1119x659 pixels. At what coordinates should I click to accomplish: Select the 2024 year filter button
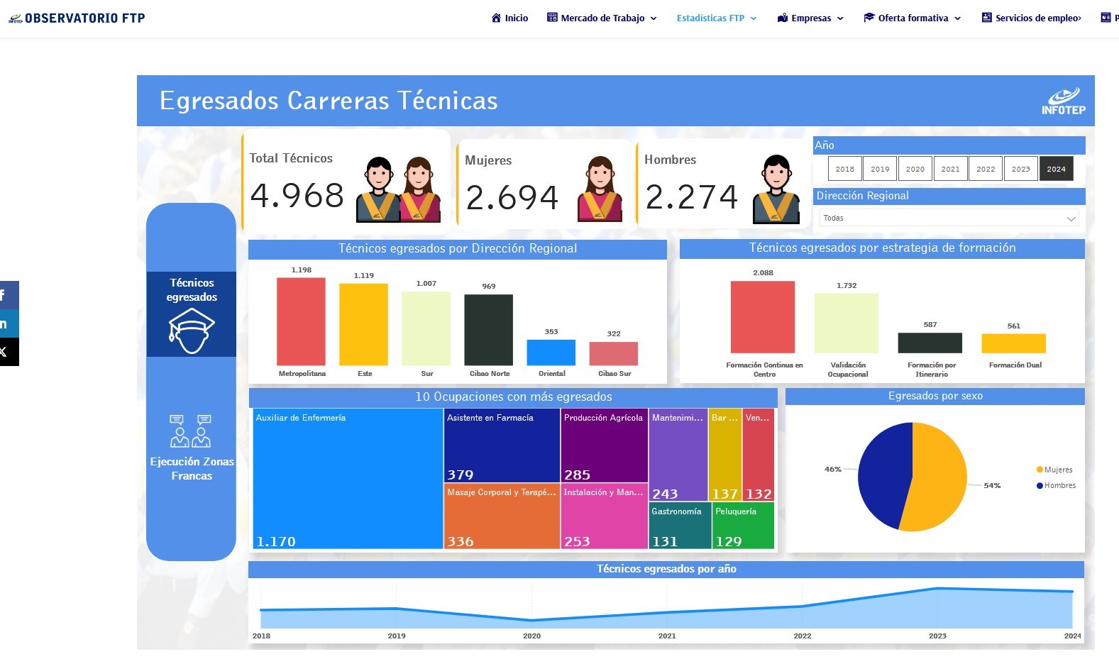(1056, 169)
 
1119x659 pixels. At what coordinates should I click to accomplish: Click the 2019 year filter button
(880, 169)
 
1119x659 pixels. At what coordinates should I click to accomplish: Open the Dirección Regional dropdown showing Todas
(949, 218)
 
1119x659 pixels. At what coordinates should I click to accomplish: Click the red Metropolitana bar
(301, 321)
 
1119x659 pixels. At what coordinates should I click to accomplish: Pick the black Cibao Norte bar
(488, 330)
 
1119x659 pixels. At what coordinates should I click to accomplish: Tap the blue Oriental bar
(551, 353)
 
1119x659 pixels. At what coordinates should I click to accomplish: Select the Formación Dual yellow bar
(1013, 343)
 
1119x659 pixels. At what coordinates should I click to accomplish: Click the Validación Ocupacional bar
(846, 323)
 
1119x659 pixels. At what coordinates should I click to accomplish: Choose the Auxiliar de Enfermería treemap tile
(348, 479)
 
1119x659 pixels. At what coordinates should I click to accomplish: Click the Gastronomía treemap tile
(680, 526)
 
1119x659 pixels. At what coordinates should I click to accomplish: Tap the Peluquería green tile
(743, 526)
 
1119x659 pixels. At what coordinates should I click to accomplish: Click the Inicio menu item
(509, 18)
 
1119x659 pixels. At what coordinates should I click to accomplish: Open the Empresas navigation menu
(810, 18)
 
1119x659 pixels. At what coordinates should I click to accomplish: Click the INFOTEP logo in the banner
(1063, 101)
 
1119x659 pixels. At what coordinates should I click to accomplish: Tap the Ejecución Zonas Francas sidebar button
(192, 448)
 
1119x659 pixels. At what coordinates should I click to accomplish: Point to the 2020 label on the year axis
(531, 636)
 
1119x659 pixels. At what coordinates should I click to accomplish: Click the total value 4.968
(297, 196)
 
